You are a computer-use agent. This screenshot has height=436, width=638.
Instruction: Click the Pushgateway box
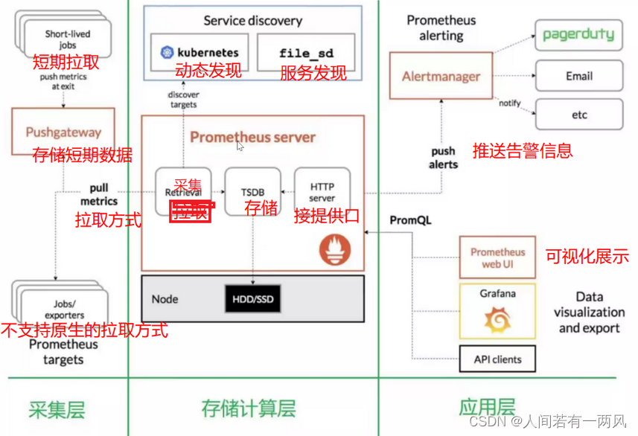coord(63,132)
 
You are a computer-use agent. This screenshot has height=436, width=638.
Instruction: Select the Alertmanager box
coord(441,76)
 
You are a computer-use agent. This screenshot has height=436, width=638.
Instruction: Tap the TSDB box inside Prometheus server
coord(253,191)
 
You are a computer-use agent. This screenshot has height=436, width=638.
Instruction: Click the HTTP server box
coord(322,191)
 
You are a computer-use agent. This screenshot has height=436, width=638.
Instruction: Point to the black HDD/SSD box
coord(252,299)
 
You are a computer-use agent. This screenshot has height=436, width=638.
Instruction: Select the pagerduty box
coord(578,34)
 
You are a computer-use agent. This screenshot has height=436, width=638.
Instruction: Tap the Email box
coord(578,76)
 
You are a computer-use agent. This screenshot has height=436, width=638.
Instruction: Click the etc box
coord(578,115)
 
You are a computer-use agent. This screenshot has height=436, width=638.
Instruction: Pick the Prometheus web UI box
coord(497,257)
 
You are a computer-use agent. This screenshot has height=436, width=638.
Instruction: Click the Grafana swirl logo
coord(497,321)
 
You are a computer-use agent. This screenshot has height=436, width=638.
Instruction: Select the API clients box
coord(497,359)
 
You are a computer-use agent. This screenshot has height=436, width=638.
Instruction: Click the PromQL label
coord(410,220)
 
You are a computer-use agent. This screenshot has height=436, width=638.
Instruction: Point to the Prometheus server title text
coord(252,137)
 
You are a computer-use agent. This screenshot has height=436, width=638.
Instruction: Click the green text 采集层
coord(57,409)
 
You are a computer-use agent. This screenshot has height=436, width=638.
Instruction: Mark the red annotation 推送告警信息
coord(523,151)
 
